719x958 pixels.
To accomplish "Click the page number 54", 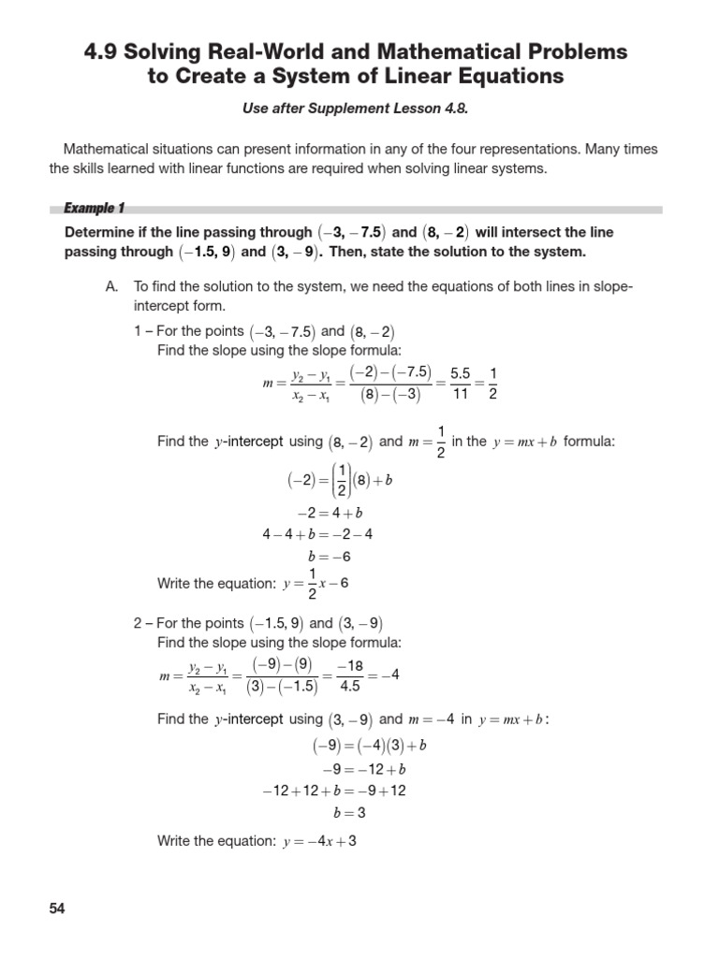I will click(57, 908).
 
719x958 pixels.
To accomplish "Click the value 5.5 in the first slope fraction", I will click(460, 372).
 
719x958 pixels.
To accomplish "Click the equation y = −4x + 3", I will click(319, 841).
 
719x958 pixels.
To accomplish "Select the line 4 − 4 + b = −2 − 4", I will click(318, 535).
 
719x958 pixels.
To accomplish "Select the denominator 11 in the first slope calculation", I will click(460, 395).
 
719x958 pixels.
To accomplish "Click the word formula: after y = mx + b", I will click(589, 442).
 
